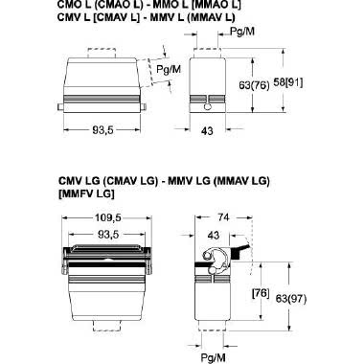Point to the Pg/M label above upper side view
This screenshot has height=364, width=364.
click(x=243, y=31)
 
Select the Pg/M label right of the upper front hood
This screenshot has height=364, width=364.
click(x=169, y=68)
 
